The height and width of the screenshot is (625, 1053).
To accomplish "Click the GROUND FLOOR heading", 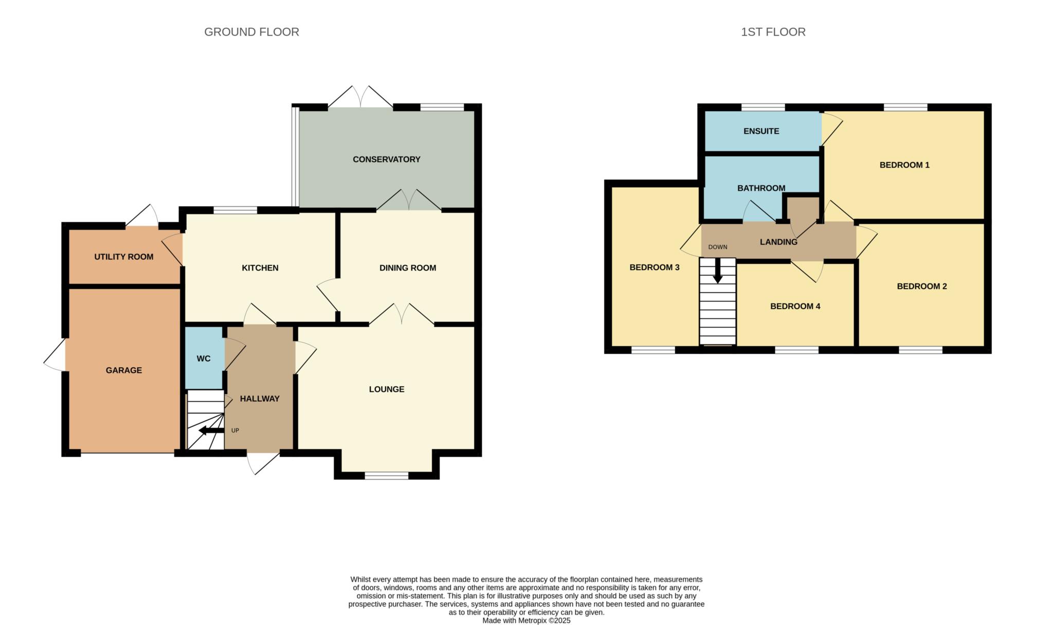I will tap(251, 32).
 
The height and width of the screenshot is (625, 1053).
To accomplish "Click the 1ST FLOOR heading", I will tap(773, 32).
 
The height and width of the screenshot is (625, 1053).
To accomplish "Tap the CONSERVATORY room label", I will tap(386, 159).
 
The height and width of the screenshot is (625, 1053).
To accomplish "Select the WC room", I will tap(204, 359).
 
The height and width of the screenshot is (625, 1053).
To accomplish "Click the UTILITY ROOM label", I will tap(123, 257).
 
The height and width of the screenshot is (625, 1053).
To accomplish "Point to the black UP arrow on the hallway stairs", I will tap(211, 431).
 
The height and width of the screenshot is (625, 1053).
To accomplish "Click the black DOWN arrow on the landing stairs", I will tap(717, 271).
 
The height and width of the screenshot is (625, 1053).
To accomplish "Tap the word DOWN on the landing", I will tap(717, 247).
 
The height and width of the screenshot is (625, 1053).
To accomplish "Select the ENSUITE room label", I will tap(761, 131).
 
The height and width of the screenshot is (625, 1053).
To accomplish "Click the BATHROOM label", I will tap(761, 188).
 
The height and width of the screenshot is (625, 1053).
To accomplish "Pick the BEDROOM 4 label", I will tap(795, 307).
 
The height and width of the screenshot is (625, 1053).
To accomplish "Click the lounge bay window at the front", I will tap(387, 476).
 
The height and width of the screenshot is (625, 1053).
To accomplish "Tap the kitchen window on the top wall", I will tap(235, 210).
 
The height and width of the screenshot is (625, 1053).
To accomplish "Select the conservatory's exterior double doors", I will tap(360, 98).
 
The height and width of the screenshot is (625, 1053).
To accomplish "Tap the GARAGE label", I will tap(123, 370).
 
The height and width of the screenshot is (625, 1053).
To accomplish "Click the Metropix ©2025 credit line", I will tap(526, 621).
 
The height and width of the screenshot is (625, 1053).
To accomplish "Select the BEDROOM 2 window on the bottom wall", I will tap(920, 350).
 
